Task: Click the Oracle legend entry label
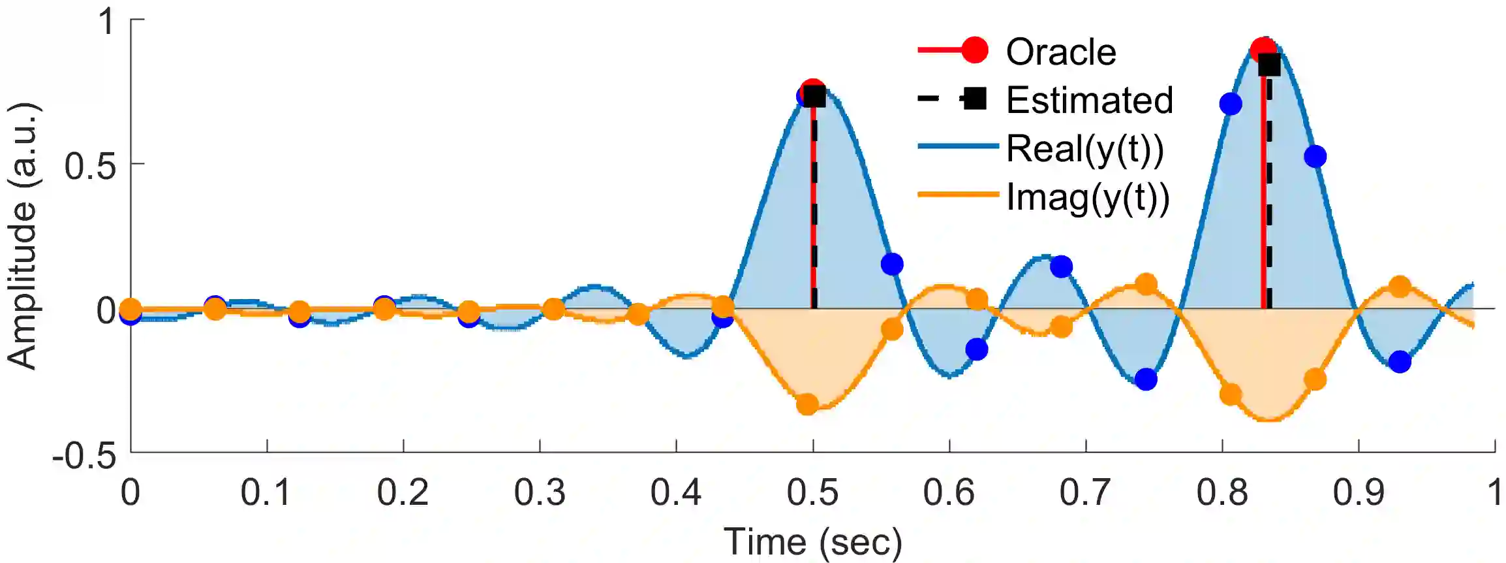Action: (1060, 52)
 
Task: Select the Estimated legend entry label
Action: (1089, 100)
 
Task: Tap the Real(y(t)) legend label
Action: (1084, 148)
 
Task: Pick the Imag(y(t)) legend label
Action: (1088, 197)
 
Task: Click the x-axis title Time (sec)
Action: (812, 542)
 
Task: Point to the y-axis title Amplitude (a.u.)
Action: (22, 235)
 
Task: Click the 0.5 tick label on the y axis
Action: (90, 165)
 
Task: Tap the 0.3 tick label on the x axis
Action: (539, 492)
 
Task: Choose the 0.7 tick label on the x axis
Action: (1085, 492)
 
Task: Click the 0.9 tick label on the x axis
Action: (1358, 492)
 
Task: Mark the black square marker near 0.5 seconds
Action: (814, 97)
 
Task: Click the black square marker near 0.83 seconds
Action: (1269, 65)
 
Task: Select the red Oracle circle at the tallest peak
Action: (1263, 48)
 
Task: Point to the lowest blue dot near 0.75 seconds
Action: (1146, 379)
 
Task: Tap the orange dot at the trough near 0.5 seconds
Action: (807, 404)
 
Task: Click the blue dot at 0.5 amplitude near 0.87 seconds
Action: (1315, 156)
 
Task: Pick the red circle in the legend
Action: (975, 50)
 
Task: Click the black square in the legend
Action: (975, 99)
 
